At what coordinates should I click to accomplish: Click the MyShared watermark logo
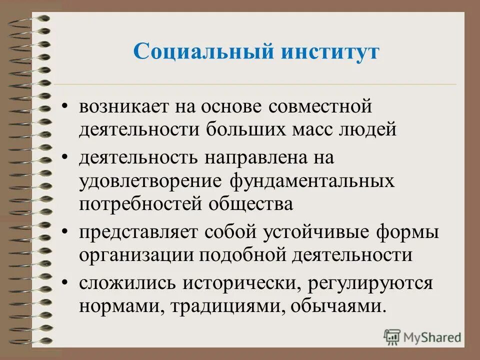coord(422,337)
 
